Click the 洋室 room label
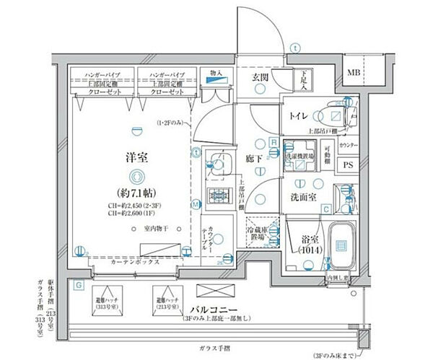click(x=133, y=157)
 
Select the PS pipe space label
click(x=348, y=165)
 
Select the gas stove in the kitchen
click(x=216, y=196)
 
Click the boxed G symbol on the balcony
click(x=77, y=285)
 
